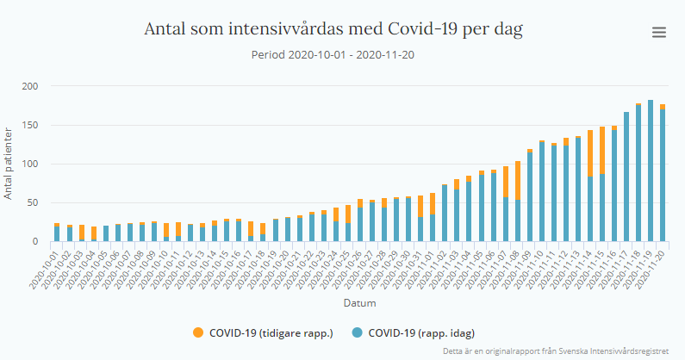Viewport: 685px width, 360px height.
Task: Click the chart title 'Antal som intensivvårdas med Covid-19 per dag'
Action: pyautogui.click(x=333, y=29)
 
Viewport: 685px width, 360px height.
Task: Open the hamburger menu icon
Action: pyautogui.click(x=659, y=33)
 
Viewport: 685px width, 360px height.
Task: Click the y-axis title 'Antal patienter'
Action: pyautogui.click(x=8, y=164)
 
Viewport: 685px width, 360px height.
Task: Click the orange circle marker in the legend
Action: pyautogui.click(x=198, y=332)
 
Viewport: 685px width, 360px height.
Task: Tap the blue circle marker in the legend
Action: pyautogui.click(x=357, y=332)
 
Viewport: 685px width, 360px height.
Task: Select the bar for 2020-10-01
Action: pyautogui.click(x=57, y=233)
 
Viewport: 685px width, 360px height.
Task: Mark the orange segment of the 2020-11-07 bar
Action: pyautogui.click(x=505, y=182)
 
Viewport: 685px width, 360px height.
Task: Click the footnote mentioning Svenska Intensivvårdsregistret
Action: pyautogui.click(x=557, y=351)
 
